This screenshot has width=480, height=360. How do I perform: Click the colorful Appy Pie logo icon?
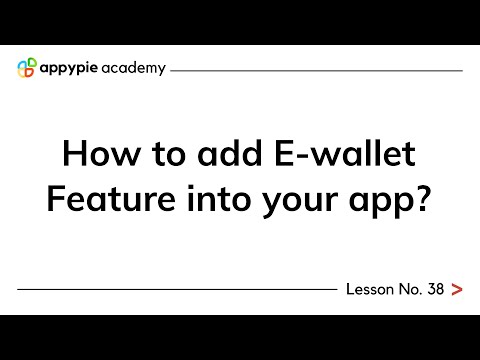(x=27, y=69)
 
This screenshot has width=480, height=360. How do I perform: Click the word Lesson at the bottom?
(x=369, y=290)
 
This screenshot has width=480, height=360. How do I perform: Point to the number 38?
(x=435, y=290)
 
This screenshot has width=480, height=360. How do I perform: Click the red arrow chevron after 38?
(x=457, y=290)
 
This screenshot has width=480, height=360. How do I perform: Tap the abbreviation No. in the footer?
(x=409, y=290)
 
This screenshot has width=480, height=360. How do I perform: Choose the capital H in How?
(x=74, y=155)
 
